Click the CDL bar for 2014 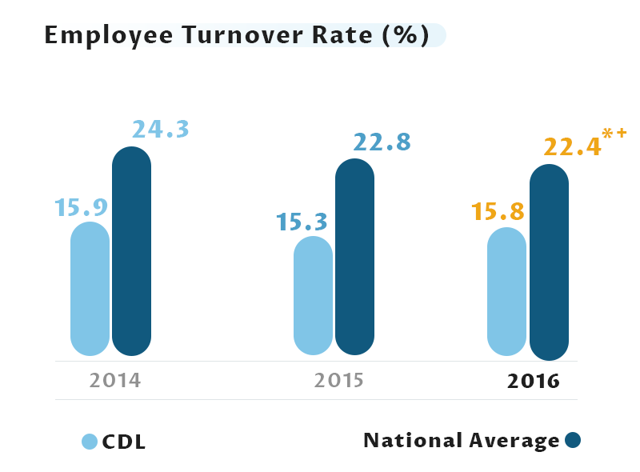90,289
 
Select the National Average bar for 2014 131,251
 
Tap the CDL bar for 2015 313,295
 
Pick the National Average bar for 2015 354,257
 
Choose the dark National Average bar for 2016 549,262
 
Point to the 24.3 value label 160,129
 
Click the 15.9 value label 81,207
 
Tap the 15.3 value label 303,222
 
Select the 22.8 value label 382,142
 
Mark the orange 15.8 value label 497,212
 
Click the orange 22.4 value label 572,147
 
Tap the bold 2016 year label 533,381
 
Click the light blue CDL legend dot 90,442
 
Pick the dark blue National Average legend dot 572,440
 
